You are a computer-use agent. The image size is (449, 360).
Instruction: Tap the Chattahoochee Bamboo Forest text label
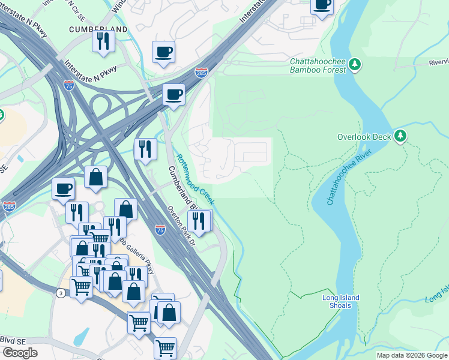(318, 65)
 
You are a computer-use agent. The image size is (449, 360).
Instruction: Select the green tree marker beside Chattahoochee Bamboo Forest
(355, 64)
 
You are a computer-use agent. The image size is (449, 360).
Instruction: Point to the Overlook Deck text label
(364, 136)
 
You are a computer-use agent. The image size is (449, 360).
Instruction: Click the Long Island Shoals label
(340, 301)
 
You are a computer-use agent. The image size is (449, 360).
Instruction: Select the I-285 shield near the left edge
(9, 206)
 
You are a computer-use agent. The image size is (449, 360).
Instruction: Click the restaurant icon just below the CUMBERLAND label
(103, 41)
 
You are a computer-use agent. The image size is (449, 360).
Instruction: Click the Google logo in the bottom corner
(20, 352)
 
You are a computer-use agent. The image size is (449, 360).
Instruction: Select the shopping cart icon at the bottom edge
(165, 347)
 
